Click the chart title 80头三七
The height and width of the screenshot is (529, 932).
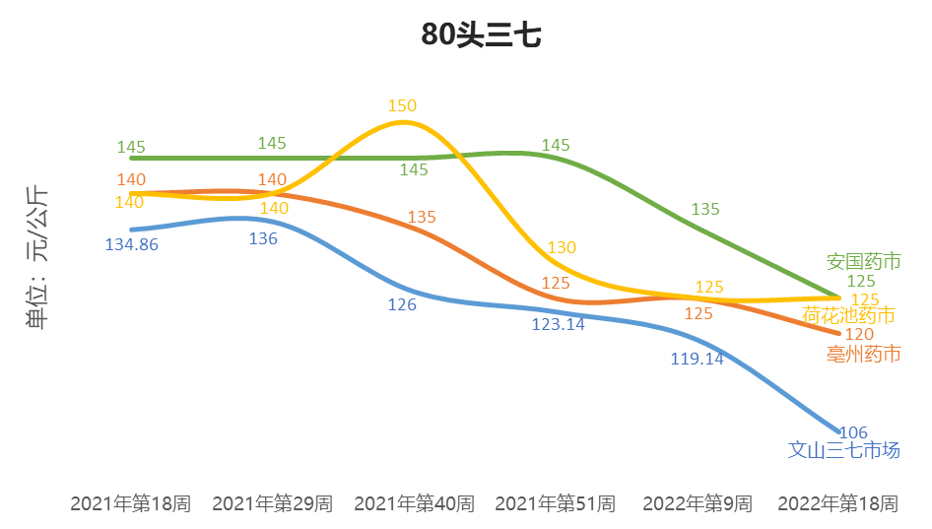tap(481, 35)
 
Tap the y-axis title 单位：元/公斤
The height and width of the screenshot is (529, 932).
tap(38, 257)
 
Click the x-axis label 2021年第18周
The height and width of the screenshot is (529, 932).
tap(131, 503)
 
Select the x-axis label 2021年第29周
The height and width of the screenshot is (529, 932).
tap(273, 503)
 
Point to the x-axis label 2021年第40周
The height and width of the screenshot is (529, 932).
tap(414, 503)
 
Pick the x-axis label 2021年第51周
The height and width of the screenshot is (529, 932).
tap(556, 503)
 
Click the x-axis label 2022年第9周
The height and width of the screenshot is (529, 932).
tap(698, 503)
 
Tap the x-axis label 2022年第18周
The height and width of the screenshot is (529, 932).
tap(838, 503)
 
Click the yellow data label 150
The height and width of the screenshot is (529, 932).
tap(402, 106)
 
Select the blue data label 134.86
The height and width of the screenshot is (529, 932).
tap(131, 244)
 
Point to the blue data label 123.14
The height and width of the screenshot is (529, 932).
tap(559, 324)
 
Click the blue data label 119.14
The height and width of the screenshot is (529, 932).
tap(697, 359)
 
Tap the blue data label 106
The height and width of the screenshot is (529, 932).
tap(853, 432)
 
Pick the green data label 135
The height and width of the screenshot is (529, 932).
tap(705, 209)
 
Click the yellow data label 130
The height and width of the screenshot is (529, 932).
tap(562, 247)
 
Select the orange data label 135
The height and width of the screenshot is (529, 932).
tap(422, 217)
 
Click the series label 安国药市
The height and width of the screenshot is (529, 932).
tap(864, 261)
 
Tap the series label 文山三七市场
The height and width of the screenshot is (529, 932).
tap(844, 450)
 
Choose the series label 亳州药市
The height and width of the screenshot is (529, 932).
tap(864, 354)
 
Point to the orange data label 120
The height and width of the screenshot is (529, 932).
tap(860, 335)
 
